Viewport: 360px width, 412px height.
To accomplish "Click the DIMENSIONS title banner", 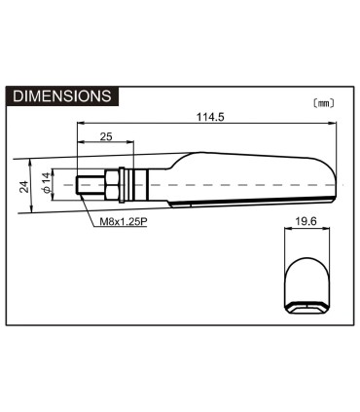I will (x=62, y=96).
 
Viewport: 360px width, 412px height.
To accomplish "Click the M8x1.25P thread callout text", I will (x=124, y=221).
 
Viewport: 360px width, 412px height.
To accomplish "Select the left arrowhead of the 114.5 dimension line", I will (x=79, y=125).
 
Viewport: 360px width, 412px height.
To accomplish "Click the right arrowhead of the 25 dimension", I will (x=132, y=144).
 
